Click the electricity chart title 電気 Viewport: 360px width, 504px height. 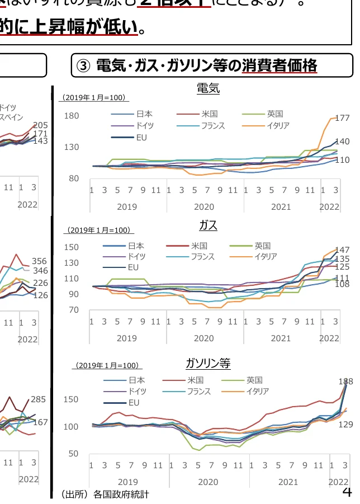208,88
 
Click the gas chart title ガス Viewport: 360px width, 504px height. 208,225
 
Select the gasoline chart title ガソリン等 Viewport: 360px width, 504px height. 208,364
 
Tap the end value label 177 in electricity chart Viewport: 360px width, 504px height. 342,119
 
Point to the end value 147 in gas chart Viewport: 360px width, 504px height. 342,250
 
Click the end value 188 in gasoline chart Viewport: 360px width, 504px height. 345,381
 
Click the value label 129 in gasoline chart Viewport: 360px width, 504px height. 345,425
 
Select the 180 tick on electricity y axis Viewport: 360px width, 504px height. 72,116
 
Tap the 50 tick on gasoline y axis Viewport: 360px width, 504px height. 73,454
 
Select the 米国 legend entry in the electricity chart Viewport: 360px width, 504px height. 209,114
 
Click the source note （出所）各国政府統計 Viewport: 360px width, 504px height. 105,494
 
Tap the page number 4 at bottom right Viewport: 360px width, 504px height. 347,492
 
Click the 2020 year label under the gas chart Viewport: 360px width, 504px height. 203,338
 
